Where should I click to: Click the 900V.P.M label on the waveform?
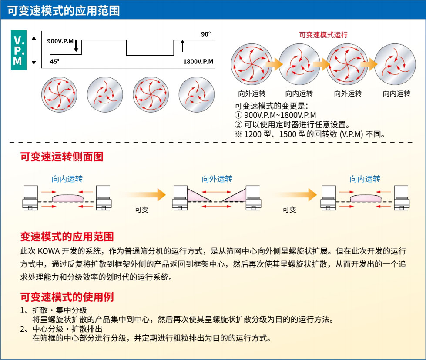60,41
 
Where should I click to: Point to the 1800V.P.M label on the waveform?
198,61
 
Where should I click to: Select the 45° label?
54,61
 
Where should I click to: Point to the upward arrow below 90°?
182,46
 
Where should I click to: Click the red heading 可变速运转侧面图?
62,157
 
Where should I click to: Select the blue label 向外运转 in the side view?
217,179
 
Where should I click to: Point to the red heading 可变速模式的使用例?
67,297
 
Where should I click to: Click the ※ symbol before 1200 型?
238,134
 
